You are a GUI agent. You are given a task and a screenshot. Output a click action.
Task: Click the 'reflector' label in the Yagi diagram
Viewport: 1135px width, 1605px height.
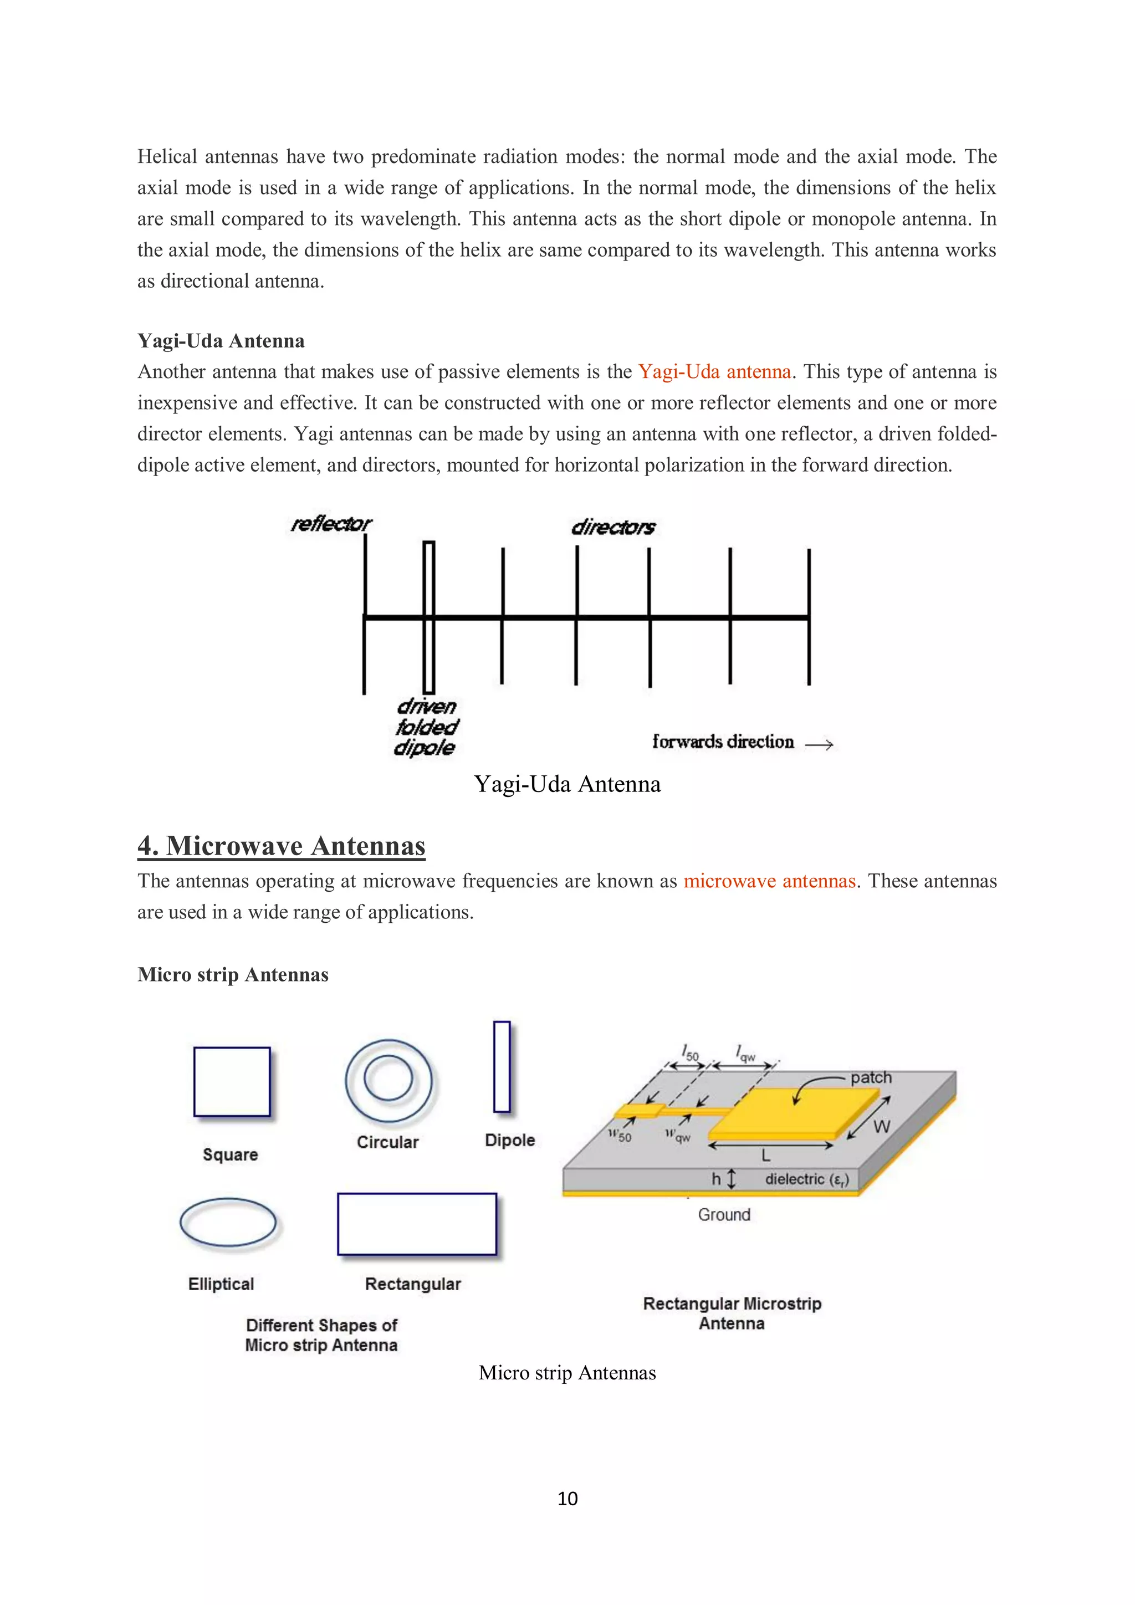coord(331,524)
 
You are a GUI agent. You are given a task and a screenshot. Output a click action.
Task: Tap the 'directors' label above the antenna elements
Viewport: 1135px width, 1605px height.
coord(613,527)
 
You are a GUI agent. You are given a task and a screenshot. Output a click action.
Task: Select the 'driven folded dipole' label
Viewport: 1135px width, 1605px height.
coord(426,727)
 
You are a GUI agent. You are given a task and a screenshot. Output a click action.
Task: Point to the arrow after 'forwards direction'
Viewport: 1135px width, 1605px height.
coord(819,744)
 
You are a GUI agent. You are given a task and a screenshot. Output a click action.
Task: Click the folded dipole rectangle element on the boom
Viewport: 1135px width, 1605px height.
coord(429,618)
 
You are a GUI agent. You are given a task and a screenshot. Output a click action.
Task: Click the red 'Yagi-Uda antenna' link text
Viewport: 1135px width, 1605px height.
coord(714,372)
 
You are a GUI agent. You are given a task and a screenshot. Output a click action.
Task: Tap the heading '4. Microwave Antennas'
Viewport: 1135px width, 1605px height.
coord(282,846)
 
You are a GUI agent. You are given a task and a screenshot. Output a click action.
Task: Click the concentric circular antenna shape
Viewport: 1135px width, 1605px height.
coord(388,1080)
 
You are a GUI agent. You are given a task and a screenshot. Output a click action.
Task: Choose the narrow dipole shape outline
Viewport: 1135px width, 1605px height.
coord(502,1067)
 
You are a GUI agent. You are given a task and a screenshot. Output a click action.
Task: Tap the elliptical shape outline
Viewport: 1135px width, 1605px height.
coord(228,1223)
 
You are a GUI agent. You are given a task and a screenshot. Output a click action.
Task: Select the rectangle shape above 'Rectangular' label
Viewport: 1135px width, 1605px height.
coord(417,1224)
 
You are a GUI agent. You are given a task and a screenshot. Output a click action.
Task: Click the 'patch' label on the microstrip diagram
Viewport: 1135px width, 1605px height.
coord(871,1078)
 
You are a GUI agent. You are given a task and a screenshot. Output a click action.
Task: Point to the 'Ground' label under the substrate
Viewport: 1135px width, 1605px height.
coord(724,1215)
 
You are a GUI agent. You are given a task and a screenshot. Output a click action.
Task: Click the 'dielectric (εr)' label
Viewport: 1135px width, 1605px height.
coord(806,1179)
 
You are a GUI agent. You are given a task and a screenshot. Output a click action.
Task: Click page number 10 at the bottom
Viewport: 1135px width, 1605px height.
coord(567,1498)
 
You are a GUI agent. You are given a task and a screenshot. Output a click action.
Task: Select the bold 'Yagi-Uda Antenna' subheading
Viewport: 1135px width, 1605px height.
coord(221,341)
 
